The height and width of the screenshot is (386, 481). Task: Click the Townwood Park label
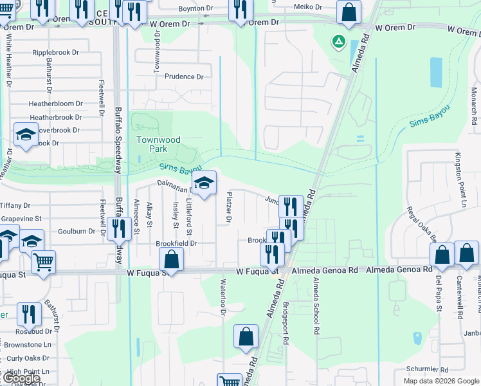tap(158, 143)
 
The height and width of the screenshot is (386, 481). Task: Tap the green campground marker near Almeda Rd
tap(337, 42)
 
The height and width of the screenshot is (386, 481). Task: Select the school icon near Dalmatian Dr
tap(204, 184)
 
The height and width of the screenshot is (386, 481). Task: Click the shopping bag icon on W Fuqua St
tap(171, 261)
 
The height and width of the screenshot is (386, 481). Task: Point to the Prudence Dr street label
tap(184, 77)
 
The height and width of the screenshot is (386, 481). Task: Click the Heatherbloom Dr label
tap(56, 104)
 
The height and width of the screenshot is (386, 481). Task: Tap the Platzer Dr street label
tap(229, 208)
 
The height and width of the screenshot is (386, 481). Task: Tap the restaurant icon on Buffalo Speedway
tap(118, 229)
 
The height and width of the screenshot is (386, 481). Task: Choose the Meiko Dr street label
tap(308, 6)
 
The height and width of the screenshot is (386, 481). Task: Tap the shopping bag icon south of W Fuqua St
tap(246, 336)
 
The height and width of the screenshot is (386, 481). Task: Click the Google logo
tap(22, 378)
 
